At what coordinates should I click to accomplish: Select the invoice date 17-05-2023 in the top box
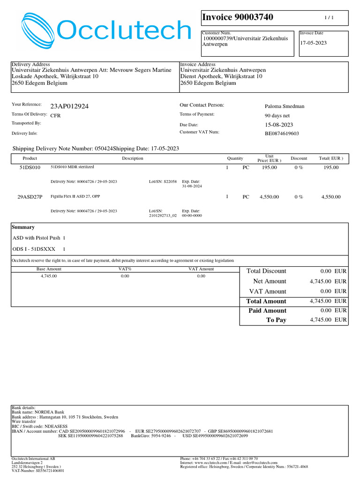[x=314, y=43]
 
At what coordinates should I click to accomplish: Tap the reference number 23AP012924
[x=69, y=106]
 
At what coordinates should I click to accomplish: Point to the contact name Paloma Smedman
[x=285, y=106]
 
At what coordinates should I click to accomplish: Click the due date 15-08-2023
[x=279, y=125]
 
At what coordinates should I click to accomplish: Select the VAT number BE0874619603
[x=282, y=134]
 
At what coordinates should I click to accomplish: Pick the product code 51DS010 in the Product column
[x=30, y=167]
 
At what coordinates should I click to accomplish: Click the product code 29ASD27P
[x=30, y=197]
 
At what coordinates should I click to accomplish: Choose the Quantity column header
[x=235, y=158]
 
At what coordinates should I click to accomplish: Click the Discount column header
[x=299, y=158]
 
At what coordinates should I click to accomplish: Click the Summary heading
[x=23, y=227]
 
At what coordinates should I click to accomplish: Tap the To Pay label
[x=276, y=320]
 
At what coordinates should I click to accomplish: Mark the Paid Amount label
[x=267, y=311]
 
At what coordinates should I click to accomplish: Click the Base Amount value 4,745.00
[x=49, y=276]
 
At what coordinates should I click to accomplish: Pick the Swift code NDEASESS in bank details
[x=52, y=427]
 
